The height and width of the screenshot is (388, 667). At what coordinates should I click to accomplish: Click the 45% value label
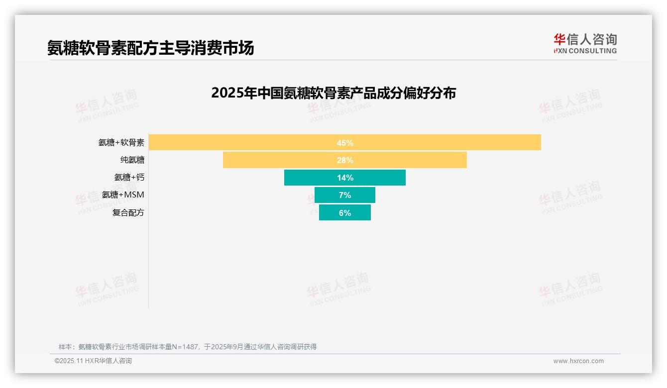click(x=345, y=143)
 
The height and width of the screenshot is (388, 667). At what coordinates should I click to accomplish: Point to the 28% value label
click(x=345, y=160)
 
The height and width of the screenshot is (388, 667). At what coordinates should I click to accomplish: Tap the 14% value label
click(x=345, y=178)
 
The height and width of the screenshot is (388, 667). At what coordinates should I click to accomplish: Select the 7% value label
click(x=345, y=195)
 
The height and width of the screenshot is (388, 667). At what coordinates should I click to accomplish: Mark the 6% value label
click(x=345, y=212)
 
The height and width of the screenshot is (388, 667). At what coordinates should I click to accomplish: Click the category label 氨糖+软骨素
click(x=121, y=143)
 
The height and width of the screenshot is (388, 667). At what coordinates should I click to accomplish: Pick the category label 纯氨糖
click(x=132, y=160)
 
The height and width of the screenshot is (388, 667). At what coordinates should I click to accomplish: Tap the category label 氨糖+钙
click(x=129, y=178)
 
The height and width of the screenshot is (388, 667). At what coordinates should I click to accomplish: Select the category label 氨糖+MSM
click(x=123, y=195)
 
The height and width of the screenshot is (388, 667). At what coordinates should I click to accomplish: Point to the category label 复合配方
click(x=128, y=212)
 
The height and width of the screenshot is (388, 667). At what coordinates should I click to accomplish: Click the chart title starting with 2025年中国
click(x=333, y=93)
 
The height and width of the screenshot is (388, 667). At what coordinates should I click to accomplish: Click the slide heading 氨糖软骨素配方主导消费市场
click(x=150, y=48)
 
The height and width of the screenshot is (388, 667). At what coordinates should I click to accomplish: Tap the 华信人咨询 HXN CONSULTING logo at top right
click(x=585, y=44)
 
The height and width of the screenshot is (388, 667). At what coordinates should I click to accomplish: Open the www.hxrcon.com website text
click(x=578, y=361)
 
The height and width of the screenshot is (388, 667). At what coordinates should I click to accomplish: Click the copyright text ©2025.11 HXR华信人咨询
click(x=93, y=361)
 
